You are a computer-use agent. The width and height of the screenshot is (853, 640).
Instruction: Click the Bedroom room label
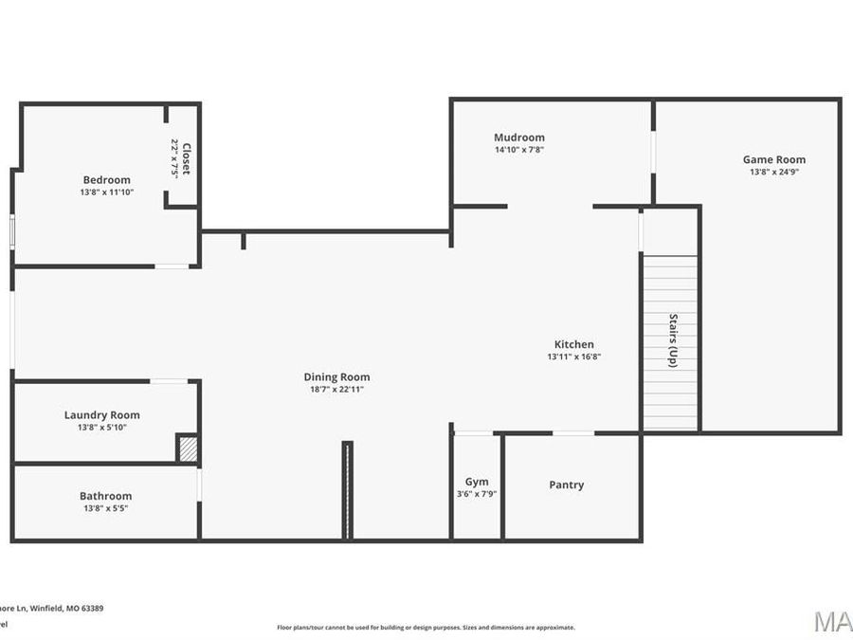[106, 179]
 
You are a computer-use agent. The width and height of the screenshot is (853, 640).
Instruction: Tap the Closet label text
[187, 157]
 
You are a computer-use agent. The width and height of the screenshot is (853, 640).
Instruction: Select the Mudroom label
[519, 137]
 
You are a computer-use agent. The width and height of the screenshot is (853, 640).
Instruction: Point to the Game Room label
[773, 159]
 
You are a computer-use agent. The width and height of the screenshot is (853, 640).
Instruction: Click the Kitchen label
[574, 344]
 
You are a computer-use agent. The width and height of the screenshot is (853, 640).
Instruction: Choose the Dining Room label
[336, 376]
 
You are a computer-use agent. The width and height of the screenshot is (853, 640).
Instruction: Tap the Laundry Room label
[101, 414]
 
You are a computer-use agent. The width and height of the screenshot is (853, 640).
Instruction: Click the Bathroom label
[105, 496]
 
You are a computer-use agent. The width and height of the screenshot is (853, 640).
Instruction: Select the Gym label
[477, 482]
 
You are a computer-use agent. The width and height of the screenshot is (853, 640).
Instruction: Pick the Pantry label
[567, 485]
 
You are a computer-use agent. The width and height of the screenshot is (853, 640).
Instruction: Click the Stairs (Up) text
[673, 340]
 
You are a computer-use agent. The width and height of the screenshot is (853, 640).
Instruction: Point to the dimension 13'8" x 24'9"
[773, 173]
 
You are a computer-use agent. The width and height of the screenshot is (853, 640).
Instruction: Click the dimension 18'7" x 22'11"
[336, 390]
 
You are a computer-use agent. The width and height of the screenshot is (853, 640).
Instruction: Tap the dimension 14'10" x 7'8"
[519, 150]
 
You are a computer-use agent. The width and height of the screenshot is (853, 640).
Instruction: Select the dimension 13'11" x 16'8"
[574, 357]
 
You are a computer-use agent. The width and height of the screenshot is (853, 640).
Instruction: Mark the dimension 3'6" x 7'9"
[477, 494]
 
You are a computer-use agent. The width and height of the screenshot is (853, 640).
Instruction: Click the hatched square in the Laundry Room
[189, 448]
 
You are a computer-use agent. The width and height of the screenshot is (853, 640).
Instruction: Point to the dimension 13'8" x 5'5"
[105, 508]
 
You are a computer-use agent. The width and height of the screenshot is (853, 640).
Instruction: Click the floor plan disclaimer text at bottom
[426, 627]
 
